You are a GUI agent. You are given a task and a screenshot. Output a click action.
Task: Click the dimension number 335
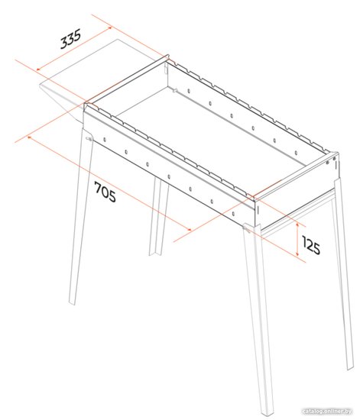(70, 39)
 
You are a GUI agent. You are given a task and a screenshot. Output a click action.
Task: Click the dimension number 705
(105, 192)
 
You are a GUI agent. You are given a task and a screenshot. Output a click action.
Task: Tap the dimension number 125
(311, 245)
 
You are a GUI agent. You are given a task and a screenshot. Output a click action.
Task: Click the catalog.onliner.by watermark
(326, 411)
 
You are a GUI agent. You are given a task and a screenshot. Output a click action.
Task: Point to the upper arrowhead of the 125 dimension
(297, 225)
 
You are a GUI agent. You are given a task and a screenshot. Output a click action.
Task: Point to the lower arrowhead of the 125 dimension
(297, 254)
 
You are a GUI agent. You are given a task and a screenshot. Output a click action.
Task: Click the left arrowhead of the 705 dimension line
(29, 137)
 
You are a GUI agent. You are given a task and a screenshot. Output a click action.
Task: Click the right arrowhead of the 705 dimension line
(189, 229)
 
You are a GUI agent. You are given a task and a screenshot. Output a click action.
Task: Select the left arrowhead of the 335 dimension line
(37, 69)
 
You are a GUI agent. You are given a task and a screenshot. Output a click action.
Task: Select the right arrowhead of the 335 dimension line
(109, 27)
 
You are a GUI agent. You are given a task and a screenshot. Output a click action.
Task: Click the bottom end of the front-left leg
(72, 302)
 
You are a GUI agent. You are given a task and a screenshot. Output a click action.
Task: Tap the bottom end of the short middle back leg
(154, 254)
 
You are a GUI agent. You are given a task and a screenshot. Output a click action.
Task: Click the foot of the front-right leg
(268, 416)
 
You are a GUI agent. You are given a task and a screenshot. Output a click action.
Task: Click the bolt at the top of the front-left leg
(88, 138)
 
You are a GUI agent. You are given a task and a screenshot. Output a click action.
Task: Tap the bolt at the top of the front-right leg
(245, 228)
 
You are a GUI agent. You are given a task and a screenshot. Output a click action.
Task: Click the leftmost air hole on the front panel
(105, 140)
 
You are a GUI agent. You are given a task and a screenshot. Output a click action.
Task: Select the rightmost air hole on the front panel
(233, 214)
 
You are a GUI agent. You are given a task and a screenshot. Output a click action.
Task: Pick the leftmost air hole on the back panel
(189, 91)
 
